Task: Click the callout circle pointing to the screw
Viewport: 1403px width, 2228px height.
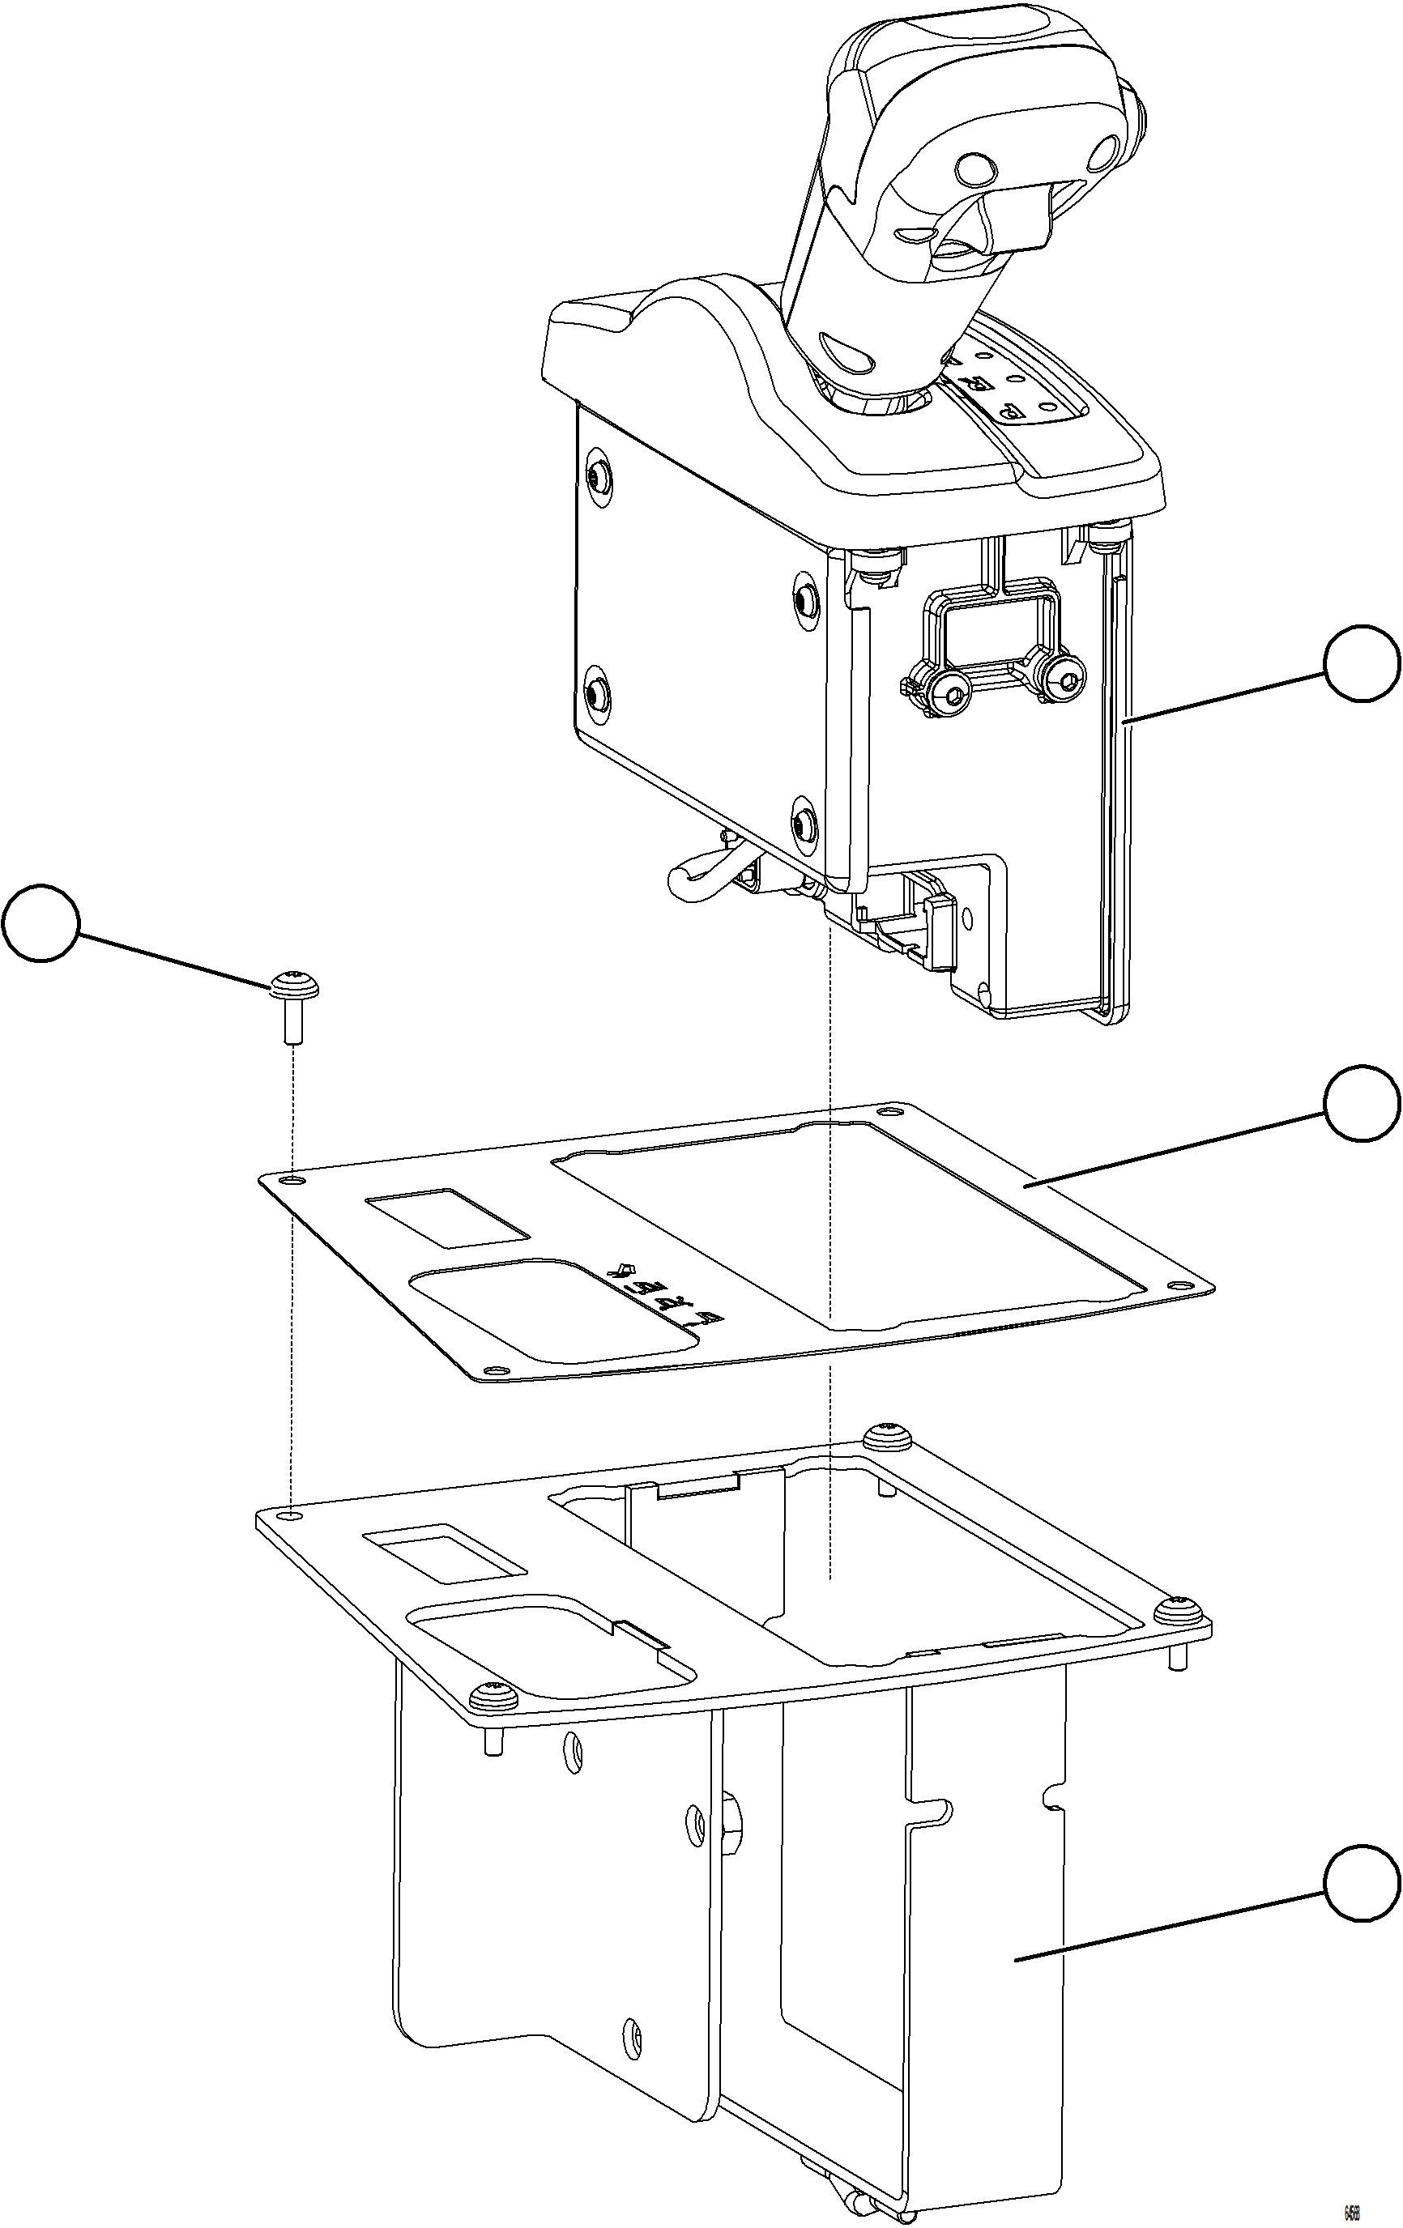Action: coord(40,924)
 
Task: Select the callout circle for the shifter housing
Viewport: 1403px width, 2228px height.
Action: coord(1362,663)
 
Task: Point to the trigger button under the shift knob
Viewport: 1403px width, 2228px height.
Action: coord(1018,215)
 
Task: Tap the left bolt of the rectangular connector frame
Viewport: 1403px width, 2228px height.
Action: coord(949,687)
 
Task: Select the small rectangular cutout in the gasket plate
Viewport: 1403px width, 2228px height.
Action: coord(448,1215)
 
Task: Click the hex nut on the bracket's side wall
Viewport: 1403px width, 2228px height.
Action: coord(727,1821)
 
